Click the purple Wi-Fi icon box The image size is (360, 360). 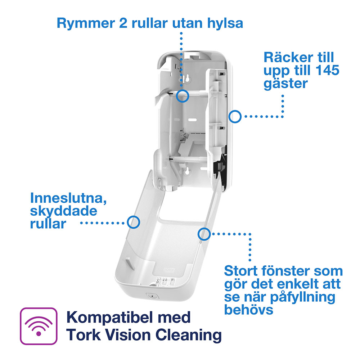[x=39, y=326]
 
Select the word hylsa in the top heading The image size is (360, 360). [x=225, y=23]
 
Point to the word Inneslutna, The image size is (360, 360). [x=68, y=198]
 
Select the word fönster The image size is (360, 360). [x=286, y=271]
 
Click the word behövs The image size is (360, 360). [x=249, y=310]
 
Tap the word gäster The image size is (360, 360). [x=285, y=84]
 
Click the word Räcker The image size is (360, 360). [x=288, y=57]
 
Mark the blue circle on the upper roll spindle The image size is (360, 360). [x=183, y=96]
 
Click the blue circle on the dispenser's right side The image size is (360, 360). [x=235, y=117]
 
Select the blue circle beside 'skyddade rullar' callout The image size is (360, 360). [x=134, y=222]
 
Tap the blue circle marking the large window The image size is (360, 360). [x=204, y=234]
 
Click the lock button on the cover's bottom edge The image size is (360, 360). [x=152, y=296]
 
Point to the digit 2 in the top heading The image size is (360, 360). [x=123, y=23]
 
